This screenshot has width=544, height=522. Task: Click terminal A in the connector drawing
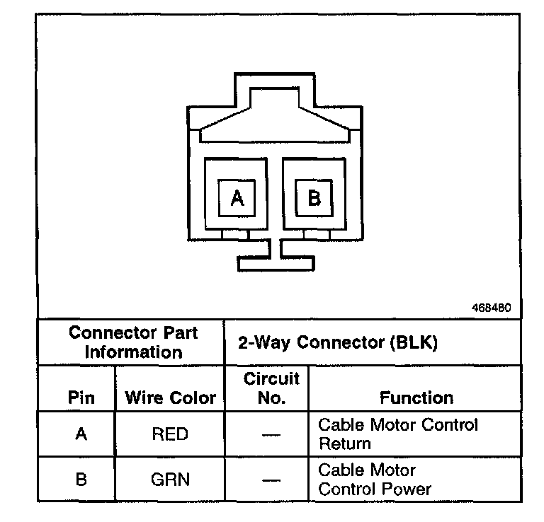point(237,199)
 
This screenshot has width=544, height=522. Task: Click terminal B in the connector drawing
point(314,199)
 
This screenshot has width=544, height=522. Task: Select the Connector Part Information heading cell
point(133,342)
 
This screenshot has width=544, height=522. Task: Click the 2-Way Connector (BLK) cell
point(337,343)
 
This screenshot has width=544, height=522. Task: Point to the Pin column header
point(81,398)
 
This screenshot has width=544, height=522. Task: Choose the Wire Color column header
point(170,398)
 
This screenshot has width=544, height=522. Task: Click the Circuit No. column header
point(271,388)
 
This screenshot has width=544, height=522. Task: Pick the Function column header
point(416,398)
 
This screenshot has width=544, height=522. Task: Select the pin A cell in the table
point(81,434)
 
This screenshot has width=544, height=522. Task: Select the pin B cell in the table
point(81,479)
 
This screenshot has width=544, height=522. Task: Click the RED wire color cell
point(170,434)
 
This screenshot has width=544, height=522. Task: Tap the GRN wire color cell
point(170,479)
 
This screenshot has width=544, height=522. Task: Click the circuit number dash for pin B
point(271,480)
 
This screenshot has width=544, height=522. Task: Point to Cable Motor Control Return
point(398,434)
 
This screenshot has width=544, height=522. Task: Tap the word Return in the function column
point(344,444)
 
